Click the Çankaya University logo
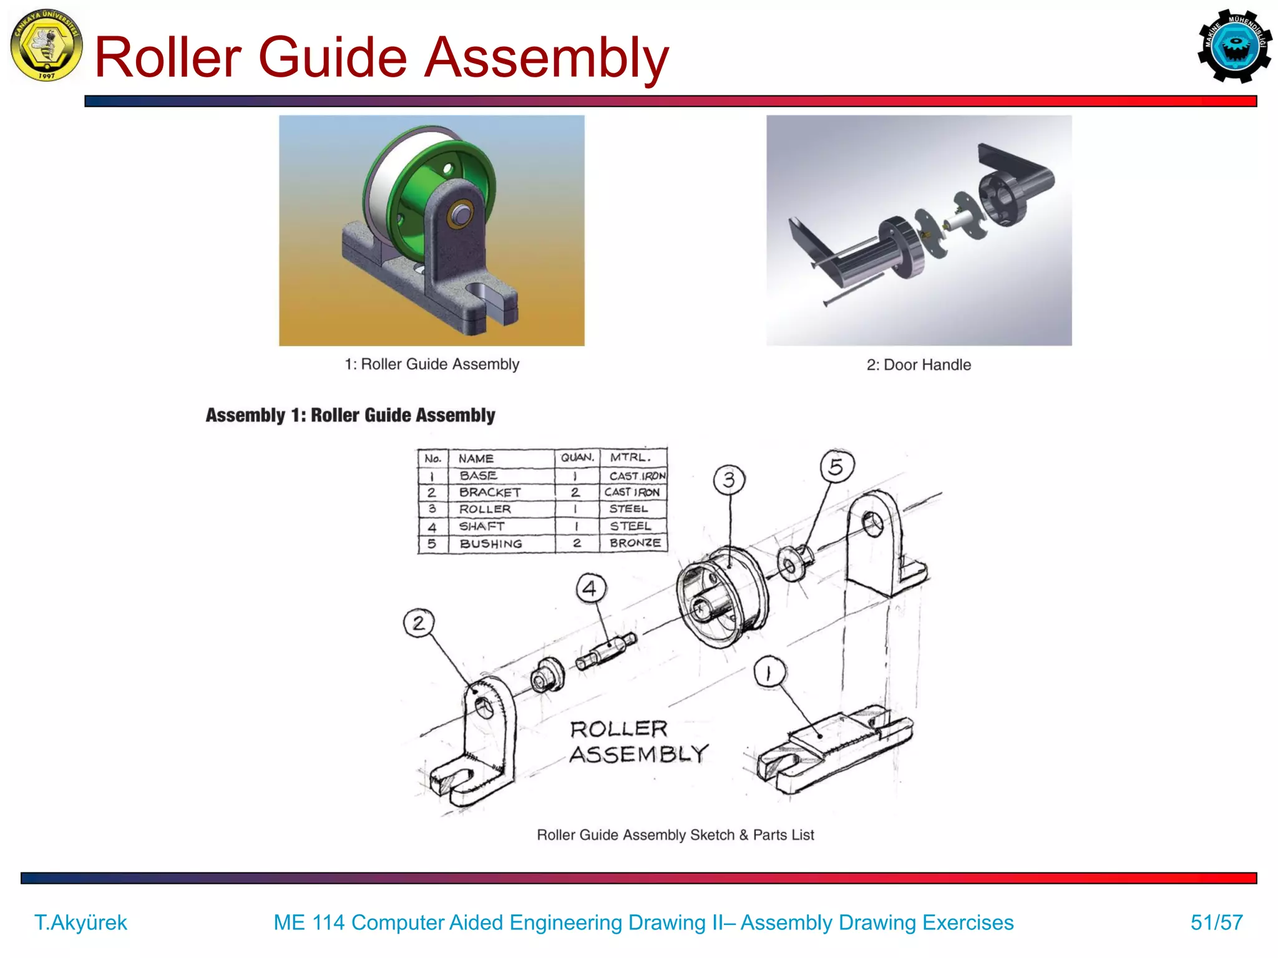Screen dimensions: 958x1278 point(46,46)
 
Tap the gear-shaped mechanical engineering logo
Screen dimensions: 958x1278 point(1234,46)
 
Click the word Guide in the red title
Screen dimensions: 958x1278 point(332,57)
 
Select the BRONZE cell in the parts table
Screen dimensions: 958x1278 point(635,543)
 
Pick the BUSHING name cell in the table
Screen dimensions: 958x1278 point(490,544)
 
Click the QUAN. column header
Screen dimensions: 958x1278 point(577,458)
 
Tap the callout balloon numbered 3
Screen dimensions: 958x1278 point(729,480)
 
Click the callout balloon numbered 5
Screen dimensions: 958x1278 point(836,467)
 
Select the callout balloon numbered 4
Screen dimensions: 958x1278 point(590,588)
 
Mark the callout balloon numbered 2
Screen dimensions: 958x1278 point(419,622)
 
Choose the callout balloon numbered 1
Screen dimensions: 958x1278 point(769,672)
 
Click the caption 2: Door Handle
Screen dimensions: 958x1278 point(918,365)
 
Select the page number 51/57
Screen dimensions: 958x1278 point(1216,922)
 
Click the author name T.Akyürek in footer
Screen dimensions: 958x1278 point(80,922)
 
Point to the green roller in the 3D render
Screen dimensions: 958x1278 point(431,187)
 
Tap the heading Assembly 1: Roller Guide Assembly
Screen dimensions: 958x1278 point(350,415)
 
